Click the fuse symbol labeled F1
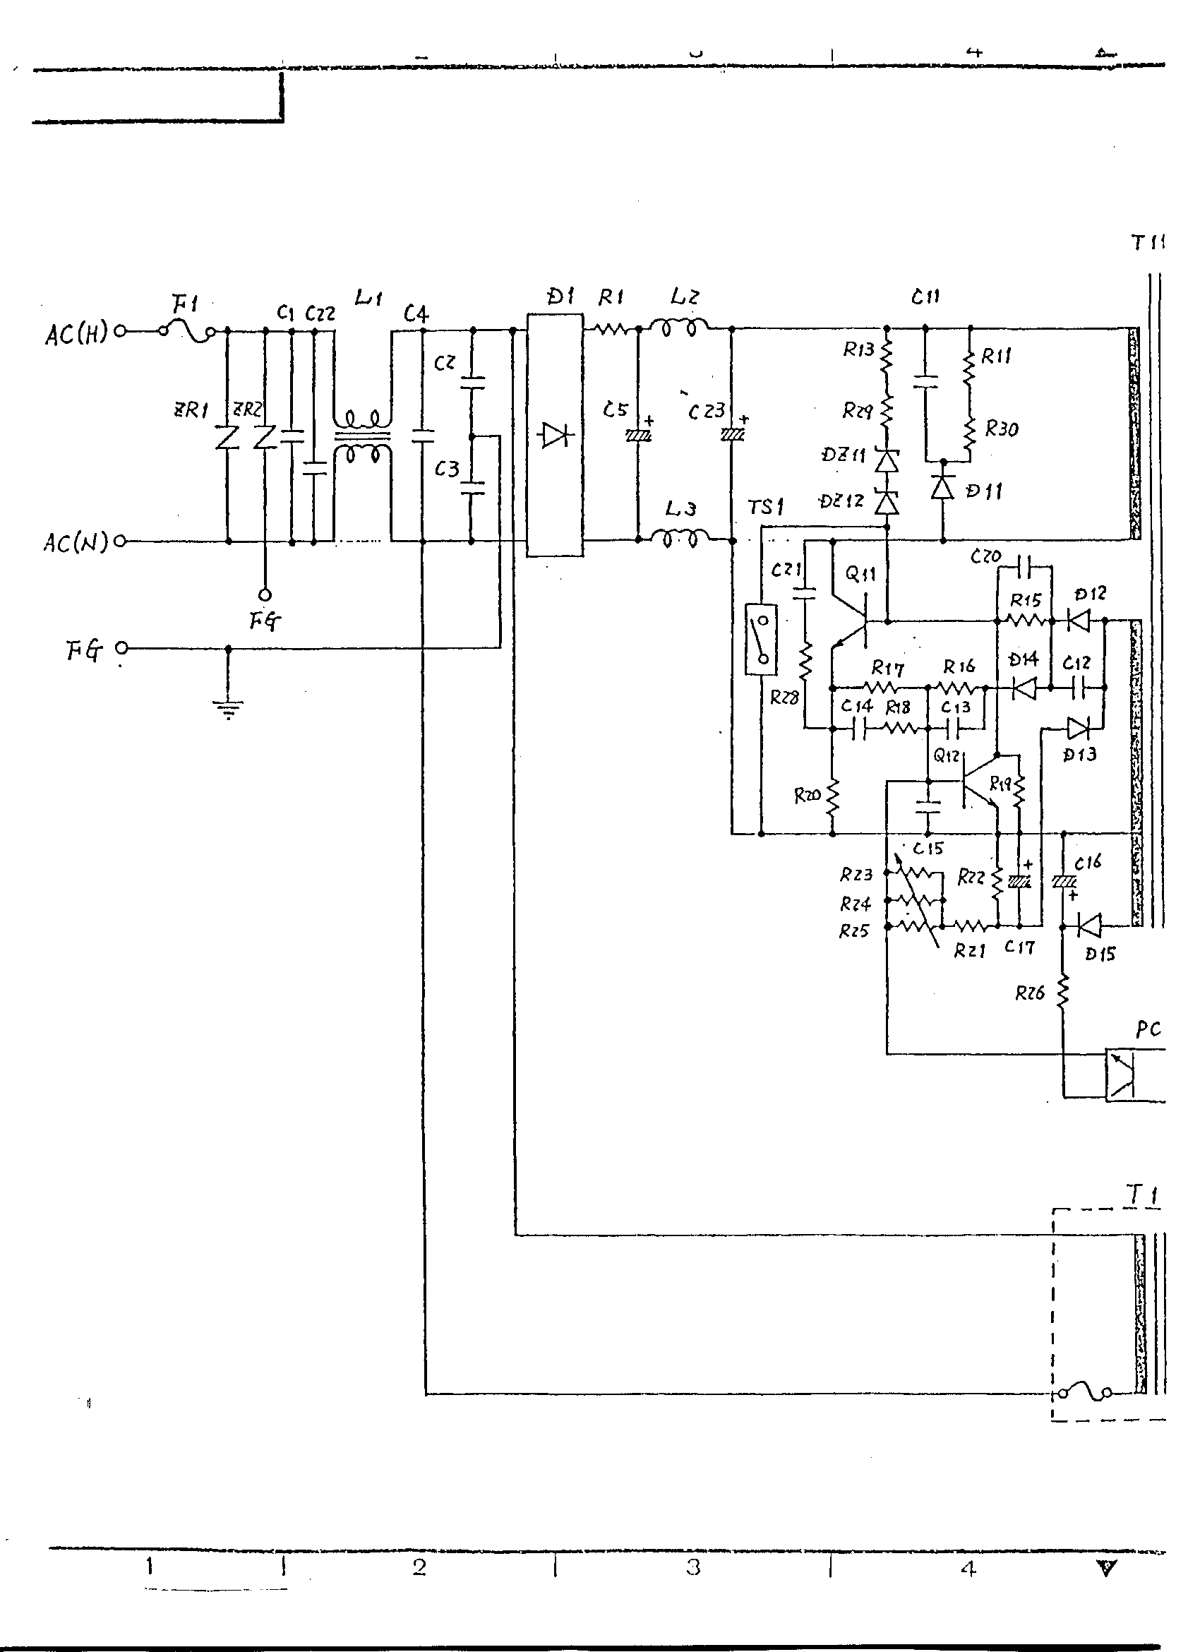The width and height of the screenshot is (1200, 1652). click(187, 331)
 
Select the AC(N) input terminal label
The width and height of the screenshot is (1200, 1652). click(76, 542)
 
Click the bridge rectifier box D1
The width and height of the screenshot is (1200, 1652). click(555, 435)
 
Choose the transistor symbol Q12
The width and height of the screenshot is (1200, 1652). click(976, 781)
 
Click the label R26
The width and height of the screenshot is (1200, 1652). click(1030, 993)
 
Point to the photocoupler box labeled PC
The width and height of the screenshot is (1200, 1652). click(1122, 1074)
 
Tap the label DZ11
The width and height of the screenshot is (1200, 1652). click(844, 455)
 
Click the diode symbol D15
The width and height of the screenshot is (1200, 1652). click(1087, 926)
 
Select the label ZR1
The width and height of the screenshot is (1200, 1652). click(190, 410)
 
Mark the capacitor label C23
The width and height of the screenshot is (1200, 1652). click(707, 412)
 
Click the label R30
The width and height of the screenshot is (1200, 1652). click(1001, 429)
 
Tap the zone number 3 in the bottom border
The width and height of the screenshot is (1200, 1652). click(692, 1567)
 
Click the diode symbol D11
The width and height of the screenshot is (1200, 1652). click(943, 487)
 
